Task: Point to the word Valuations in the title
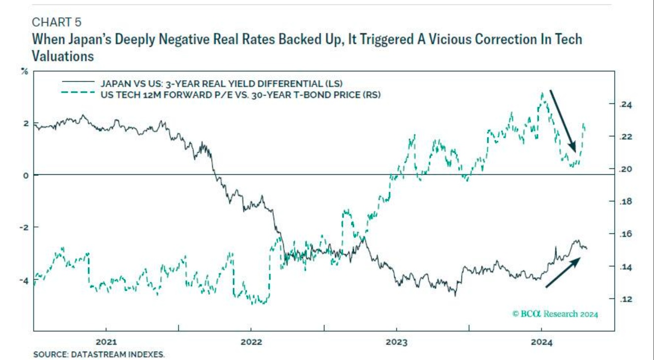point(63,56)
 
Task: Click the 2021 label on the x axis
point(105,342)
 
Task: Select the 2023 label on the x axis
point(397,342)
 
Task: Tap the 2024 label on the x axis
point(542,342)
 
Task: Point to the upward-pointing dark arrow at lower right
point(562,273)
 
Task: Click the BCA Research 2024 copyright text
point(555,314)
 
